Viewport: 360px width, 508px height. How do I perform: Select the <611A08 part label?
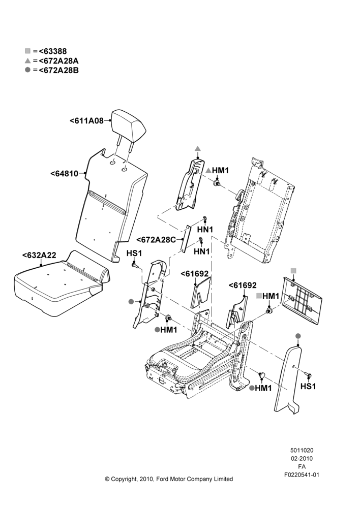[x=86, y=121]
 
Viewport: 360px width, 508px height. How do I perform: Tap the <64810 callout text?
[x=65, y=174]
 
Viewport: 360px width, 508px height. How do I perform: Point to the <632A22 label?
[x=39, y=256]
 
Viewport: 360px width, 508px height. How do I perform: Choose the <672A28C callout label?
[x=156, y=240]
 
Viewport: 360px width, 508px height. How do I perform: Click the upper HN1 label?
[x=205, y=230]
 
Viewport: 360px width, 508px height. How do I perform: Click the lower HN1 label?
[x=202, y=251]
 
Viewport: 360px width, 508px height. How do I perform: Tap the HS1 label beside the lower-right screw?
[x=308, y=386]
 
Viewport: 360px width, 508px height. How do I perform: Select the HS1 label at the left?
[x=134, y=253]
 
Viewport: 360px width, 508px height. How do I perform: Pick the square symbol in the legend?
[x=27, y=51]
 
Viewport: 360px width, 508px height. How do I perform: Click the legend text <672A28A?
[x=58, y=60]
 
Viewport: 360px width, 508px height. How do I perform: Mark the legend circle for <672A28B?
[x=27, y=70]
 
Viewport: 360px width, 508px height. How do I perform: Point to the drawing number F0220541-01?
[x=302, y=475]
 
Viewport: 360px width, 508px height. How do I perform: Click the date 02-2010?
[x=302, y=458]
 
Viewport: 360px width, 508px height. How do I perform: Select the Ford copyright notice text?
[x=169, y=479]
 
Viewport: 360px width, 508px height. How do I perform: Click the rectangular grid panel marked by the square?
[x=302, y=301]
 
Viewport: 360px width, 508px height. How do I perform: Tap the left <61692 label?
[x=195, y=274]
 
